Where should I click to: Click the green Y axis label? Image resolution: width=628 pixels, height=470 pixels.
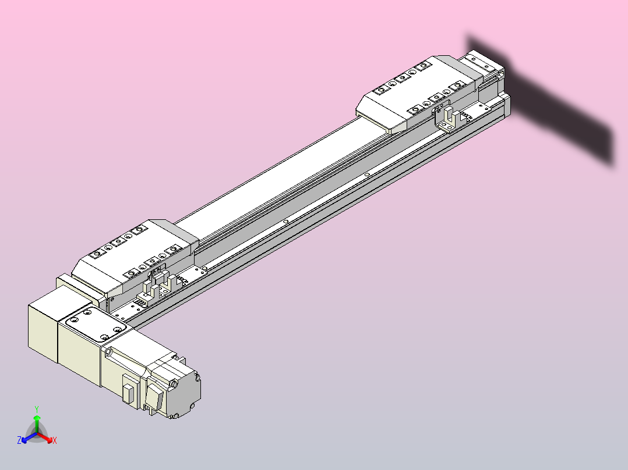coord(37,409)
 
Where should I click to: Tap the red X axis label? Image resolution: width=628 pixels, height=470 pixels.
coord(55,441)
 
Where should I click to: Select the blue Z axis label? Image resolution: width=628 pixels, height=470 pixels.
coord(19,441)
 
